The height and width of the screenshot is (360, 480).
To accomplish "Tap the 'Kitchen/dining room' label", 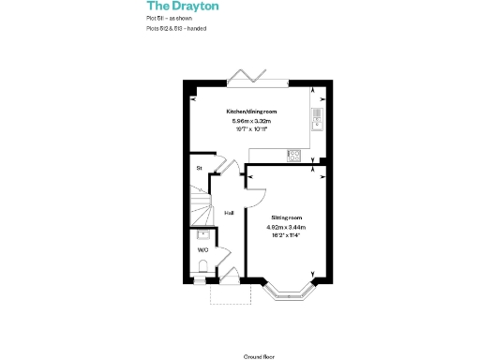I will (x=248, y=112).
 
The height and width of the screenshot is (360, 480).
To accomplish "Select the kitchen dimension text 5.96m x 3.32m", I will (x=248, y=120).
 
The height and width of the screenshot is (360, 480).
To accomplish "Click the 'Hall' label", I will (x=229, y=213).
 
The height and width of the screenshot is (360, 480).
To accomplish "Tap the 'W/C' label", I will (x=202, y=250).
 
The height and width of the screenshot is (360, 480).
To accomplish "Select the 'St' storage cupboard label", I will (x=199, y=168).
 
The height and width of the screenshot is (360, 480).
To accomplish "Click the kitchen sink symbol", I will (x=317, y=119).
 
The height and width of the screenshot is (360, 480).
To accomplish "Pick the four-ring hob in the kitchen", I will (x=294, y=157).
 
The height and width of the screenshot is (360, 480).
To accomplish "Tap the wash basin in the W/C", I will (x=202, y=235).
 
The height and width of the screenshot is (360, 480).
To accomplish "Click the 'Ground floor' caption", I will (x=257, y=331).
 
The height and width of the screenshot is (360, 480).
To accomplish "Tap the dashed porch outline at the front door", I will (x=228, y=293).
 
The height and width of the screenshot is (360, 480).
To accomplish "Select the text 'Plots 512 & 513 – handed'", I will (x=176, y=29).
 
